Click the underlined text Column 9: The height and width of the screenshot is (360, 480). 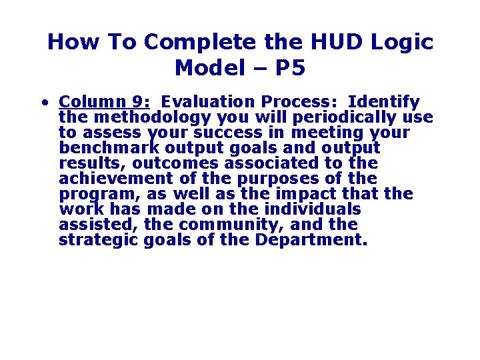(104, 102)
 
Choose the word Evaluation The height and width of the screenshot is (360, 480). (208, 102)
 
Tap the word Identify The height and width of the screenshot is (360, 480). (384, 102)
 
